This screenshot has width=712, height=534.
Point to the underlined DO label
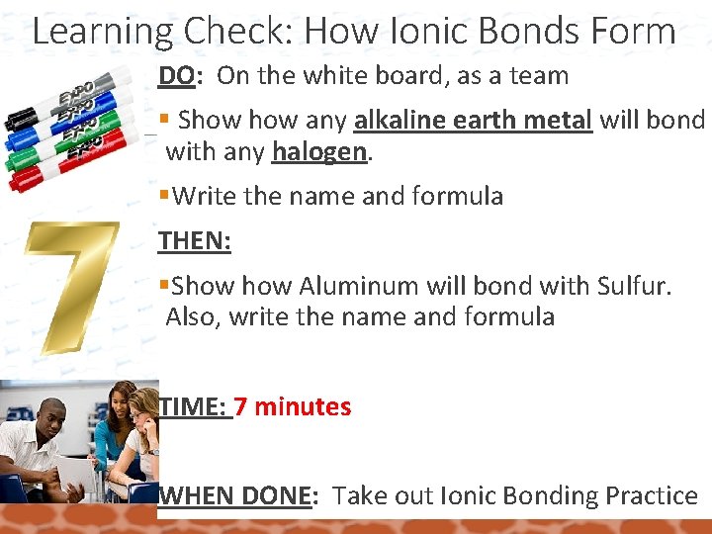177,75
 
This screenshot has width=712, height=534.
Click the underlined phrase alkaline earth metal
473,121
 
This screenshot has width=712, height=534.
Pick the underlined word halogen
308,151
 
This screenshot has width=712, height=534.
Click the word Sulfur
632,287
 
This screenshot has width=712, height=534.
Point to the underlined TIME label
193,406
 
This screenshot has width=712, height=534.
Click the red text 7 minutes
293,406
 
